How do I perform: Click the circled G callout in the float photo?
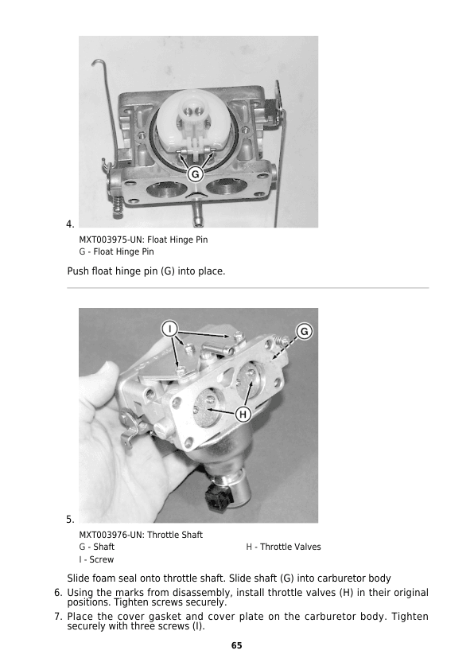(195, 174)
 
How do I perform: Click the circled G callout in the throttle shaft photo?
(305, 332)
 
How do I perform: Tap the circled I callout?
(169, 329)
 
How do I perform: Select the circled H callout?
(243, 414)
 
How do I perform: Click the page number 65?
(236, 645)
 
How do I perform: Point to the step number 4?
(70, 224)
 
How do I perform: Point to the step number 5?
(70, 520)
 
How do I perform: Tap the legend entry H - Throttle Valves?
(283, 547)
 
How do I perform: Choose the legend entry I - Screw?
(96, 559)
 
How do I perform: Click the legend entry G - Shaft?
(96, 547)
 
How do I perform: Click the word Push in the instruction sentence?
(78, 271)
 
